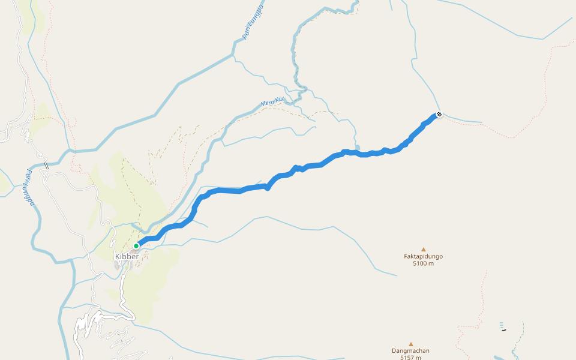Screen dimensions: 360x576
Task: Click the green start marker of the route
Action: coord(136,245)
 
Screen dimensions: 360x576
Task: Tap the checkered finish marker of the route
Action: coord(439,114)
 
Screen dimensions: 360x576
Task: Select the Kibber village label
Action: coord(127,256)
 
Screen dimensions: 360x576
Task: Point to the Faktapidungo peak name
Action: coord(423,256)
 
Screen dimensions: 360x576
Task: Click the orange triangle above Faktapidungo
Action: coord(423,249)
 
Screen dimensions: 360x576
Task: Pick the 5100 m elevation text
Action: coord(423,263)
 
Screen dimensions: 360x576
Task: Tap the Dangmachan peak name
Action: coord(410,351)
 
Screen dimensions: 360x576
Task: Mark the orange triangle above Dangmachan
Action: coord(410,344)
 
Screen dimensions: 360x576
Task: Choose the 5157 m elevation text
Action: coord(410,358)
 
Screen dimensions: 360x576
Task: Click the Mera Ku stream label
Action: coord(271,103)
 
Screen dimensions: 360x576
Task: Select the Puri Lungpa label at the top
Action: coord(253,22)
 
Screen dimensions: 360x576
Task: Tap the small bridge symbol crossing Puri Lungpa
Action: coord(46,165)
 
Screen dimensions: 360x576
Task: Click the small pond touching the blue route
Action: coord(358,147)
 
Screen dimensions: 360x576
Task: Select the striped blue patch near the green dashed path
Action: coord(502,325)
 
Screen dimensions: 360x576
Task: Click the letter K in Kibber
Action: coord(117,256)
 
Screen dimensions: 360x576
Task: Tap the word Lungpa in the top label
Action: coord(257,14)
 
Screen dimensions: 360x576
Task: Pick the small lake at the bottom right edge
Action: coord(498,358)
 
